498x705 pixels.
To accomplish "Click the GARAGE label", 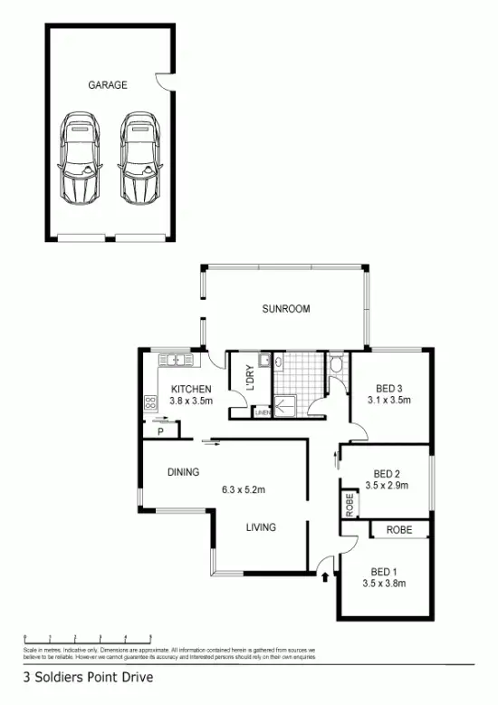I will [107, 85].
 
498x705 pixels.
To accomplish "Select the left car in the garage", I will [79, 159].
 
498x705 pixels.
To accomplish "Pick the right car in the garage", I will [139, 159].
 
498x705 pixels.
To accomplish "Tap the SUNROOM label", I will [285, 309].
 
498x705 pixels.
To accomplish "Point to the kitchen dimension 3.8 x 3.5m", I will [190, 401].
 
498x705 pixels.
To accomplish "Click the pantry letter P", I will [159, 432].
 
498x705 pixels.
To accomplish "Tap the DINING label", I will [183, 472].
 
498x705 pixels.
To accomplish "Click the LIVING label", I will [262, 526].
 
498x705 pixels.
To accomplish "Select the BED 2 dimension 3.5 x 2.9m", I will [388, 485].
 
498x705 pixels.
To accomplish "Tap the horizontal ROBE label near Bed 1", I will [399, 530].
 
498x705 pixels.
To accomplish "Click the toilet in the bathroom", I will [335, 365].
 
